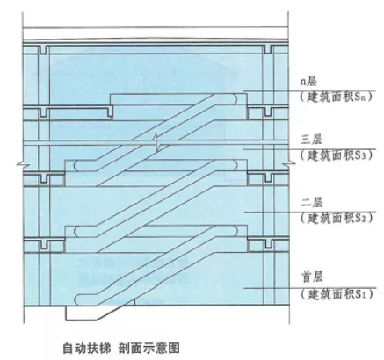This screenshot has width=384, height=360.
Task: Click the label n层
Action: (308, 82)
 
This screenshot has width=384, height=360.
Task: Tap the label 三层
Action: (311, 140)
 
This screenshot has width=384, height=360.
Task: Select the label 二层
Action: (311, 203)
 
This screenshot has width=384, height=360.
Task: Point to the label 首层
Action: (312, 277)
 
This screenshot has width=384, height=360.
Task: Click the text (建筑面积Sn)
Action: (337, 97)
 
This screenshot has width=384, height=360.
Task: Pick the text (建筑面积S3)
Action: (337, 155)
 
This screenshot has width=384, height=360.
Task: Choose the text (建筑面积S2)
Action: (337, 218)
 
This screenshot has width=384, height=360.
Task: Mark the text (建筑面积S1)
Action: (337, 293)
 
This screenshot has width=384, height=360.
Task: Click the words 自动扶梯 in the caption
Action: (87, 349)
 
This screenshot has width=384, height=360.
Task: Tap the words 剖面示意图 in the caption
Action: (149, 349)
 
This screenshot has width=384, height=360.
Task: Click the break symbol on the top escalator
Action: (157, 142)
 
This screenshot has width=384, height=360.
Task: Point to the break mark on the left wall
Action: (19, 166)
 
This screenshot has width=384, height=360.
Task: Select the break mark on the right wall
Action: (293, 162)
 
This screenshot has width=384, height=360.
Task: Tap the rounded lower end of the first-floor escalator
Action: (78, 300)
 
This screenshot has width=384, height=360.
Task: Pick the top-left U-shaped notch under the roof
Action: (43, 49)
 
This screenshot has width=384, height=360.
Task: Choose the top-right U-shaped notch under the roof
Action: (268, 49)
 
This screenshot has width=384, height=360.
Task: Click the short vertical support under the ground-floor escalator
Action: (134, 302)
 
